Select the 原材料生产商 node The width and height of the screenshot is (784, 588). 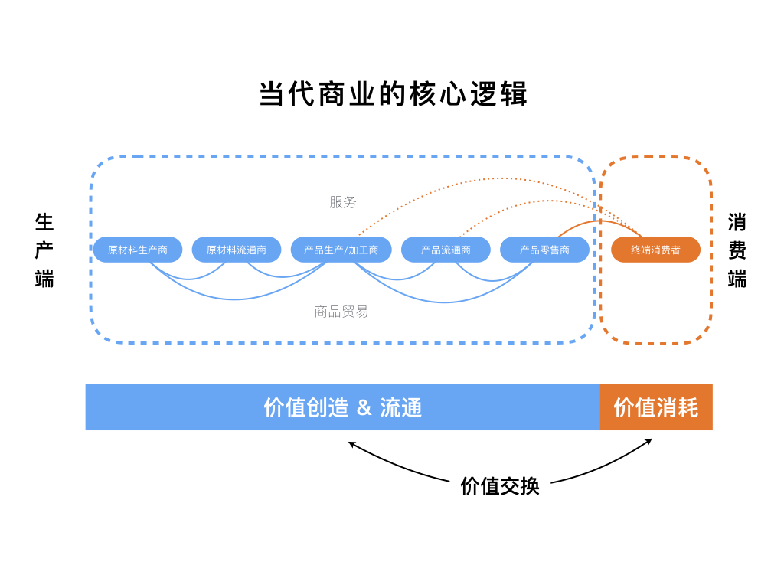pos(138,250)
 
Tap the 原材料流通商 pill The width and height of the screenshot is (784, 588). pos(237,250)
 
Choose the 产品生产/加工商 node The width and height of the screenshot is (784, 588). pos(341,250)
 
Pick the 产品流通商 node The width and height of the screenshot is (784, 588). pos(446,250)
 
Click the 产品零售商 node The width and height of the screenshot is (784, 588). pos(544,250)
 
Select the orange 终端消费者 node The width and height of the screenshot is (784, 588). pos(655,250)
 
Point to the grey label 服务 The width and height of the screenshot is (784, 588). pos(343,202)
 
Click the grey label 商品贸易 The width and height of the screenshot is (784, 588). pos(341,312)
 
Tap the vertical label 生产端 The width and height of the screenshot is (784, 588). pos(44,250)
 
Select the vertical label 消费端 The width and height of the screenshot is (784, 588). pos(737,250)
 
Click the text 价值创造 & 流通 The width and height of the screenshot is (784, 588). pos(343,407)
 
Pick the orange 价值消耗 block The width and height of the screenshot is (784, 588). pos(656,407)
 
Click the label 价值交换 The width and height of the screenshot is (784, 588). pos(499,486)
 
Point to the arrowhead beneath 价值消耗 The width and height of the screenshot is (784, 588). pos(649,440)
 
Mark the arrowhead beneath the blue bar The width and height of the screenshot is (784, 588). pos(351,443)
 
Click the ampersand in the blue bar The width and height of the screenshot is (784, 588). pos(364,408)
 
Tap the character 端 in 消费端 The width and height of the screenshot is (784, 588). pos(737,279)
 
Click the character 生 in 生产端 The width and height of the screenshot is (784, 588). pos(44,223)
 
